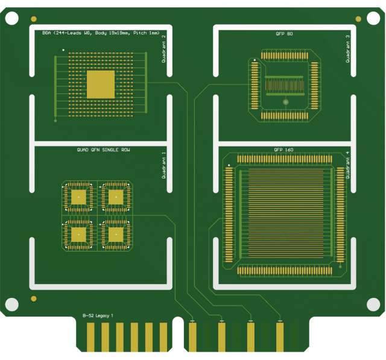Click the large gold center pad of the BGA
click(101, 84)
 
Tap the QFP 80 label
click(284, 34)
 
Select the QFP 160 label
click(283, 150)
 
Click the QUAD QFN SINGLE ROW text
click(103, 150)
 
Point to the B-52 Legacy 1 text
click(98, 315)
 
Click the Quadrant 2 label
click(163, 49)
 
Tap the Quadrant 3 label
click(347, 49)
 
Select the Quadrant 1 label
click(163, 165)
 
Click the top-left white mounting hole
click(11, 18)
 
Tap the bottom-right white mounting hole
click(373, 305)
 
